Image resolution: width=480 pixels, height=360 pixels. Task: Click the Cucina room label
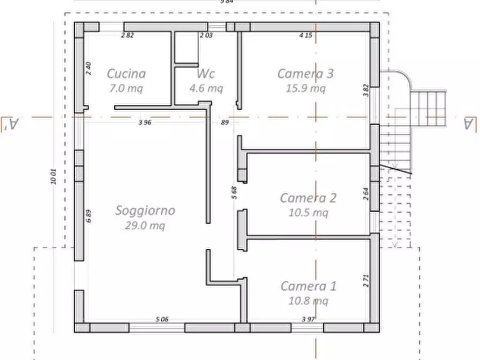(126, 74)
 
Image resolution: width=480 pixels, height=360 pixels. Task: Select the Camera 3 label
(305, 74)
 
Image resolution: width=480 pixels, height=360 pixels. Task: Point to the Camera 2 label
(308, 198)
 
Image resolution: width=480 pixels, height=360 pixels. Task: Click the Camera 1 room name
(308, 286)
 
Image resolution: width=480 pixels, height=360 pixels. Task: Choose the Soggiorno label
(145, 210)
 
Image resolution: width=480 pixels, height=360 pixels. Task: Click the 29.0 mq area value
(145, 226)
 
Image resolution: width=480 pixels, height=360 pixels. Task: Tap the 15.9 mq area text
(306, 89)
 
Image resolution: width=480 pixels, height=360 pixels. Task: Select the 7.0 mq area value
(126, 89)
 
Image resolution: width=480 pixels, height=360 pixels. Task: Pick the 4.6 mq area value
(206, 89)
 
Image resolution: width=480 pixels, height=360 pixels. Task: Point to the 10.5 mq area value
(308, 213)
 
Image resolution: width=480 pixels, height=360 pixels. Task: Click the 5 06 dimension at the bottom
(162, 319)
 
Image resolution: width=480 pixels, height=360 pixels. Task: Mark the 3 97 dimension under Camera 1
(308, 319)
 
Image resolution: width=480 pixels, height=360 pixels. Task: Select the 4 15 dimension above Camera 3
(306, 35)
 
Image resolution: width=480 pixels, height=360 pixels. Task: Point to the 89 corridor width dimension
(225, 123)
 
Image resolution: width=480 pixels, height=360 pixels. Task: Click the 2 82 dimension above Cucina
(127, 35)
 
